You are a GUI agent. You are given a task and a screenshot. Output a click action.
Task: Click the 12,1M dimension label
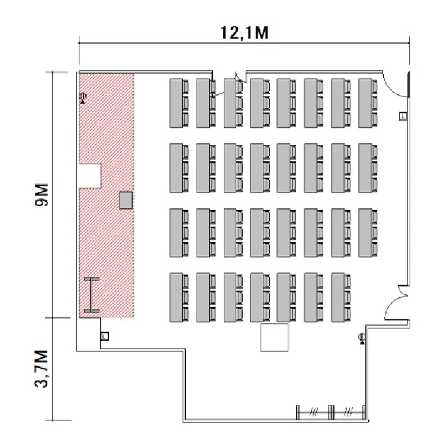tap(244, 33)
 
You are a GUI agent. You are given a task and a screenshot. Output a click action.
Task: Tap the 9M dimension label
tap(41, 195)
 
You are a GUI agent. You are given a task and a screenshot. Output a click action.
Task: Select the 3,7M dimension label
tap(41, 369)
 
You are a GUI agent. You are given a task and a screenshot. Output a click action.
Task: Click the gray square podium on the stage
tap(126, 200)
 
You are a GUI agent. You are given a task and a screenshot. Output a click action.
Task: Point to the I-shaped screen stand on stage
tap(92, 295)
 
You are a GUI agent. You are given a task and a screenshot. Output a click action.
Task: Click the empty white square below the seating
tap(274, 337)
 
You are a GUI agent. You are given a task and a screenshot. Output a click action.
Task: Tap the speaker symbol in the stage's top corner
tap(83, 98)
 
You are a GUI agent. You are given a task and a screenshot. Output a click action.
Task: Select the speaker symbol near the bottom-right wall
tap(362, 339)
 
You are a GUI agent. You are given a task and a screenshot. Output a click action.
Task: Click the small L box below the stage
tap(104, 336)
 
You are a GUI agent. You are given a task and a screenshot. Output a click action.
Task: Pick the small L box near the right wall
tap(403, 116)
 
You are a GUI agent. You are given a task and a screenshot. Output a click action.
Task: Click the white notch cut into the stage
tap(90, 176)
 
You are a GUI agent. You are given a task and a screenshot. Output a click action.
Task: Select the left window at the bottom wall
tap(314, 412)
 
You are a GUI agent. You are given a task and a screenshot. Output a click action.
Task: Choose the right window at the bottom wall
tap(348, 412)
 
